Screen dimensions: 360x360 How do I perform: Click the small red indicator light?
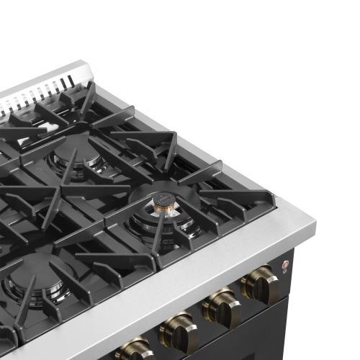pos(284,264)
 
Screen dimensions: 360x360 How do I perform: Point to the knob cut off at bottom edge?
pos(133,351)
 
